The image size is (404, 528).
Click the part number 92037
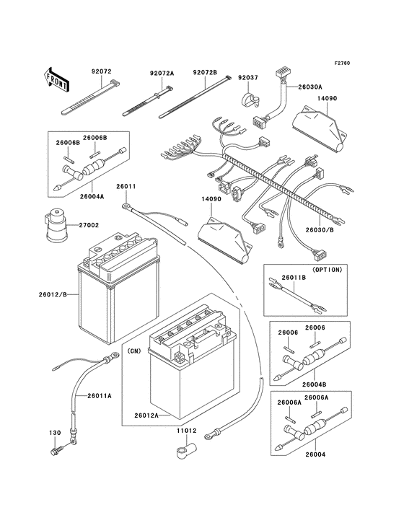[248, 77]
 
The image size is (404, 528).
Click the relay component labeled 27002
[53, 224]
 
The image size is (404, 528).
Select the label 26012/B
[53, 293]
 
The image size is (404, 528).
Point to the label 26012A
[146, 415]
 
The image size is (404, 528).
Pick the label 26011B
[294, 278]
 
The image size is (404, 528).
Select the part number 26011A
[100, 396]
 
